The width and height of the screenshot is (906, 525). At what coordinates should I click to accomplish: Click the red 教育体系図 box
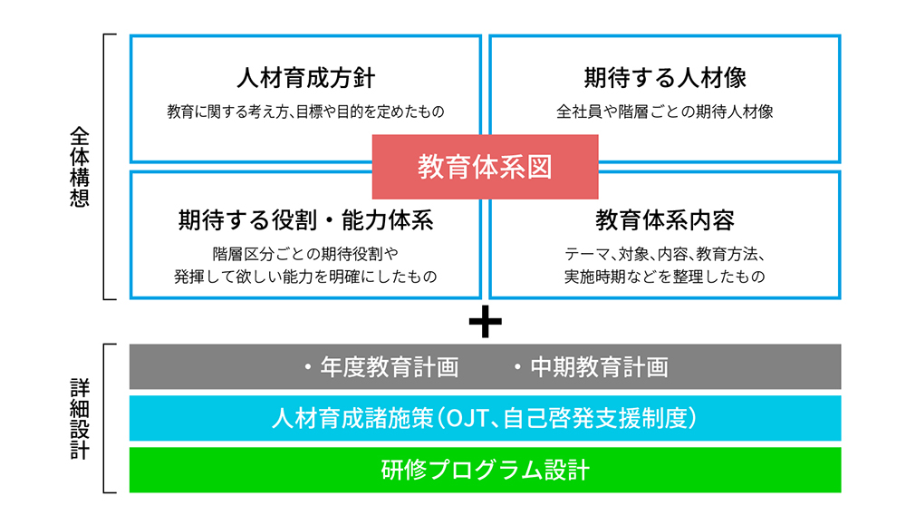(485, 167)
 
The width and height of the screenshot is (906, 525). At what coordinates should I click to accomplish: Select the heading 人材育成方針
(305, 78)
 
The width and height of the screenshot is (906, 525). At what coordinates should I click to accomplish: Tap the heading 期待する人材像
(665, 78)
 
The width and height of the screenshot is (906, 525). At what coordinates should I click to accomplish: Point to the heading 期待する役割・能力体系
(305, 220)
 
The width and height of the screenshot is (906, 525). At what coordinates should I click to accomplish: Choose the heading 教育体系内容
(665, 220)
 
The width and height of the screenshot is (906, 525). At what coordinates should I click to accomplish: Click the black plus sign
(486, 322)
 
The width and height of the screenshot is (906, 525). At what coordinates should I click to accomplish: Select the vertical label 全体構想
(80, 167)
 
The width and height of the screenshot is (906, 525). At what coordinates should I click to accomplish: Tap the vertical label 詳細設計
(80, 419)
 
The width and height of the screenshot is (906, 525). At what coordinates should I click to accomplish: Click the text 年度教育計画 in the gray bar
(390, 367)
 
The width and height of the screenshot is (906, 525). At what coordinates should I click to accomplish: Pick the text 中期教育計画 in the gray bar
(599, 367)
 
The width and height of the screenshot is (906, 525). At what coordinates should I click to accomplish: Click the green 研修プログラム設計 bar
(486, 470)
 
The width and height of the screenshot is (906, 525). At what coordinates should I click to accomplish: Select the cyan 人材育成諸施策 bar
(486, 418)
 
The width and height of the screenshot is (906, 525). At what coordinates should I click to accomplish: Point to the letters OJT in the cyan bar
(468, 419)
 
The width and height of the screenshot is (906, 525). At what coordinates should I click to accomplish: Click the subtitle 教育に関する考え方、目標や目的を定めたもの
(305, 112)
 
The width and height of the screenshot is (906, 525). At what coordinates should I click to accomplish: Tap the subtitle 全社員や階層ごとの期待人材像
(665, 112)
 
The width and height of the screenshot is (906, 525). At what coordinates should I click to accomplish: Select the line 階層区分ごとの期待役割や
(305, 254)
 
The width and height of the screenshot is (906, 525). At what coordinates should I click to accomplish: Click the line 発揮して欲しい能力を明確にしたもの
(305, 277)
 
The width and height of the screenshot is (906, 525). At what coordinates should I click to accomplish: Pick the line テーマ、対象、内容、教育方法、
(665, 254)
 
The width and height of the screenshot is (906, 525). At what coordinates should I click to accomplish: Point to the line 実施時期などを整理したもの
(665, 277)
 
